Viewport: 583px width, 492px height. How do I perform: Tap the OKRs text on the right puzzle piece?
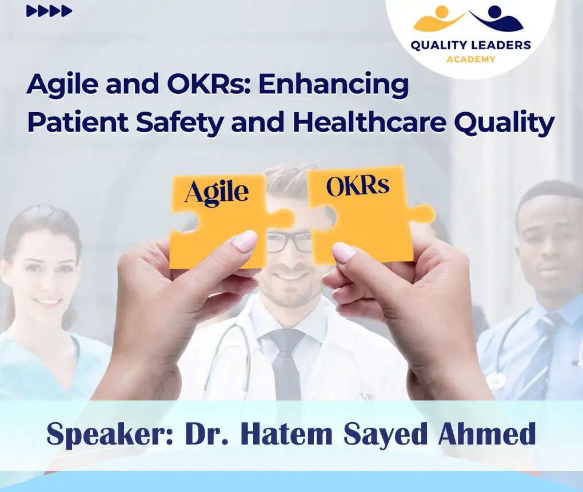(x=357, y=187)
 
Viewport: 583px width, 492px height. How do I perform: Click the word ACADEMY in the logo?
(x=470, y=59)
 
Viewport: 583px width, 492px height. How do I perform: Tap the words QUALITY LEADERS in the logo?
(x=470, y=46)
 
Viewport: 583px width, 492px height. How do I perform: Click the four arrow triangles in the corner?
(x=49, y=11)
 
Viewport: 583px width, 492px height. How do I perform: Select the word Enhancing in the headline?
(x=333, y=85)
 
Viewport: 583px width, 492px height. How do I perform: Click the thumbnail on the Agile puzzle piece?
(x=245, y=241)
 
